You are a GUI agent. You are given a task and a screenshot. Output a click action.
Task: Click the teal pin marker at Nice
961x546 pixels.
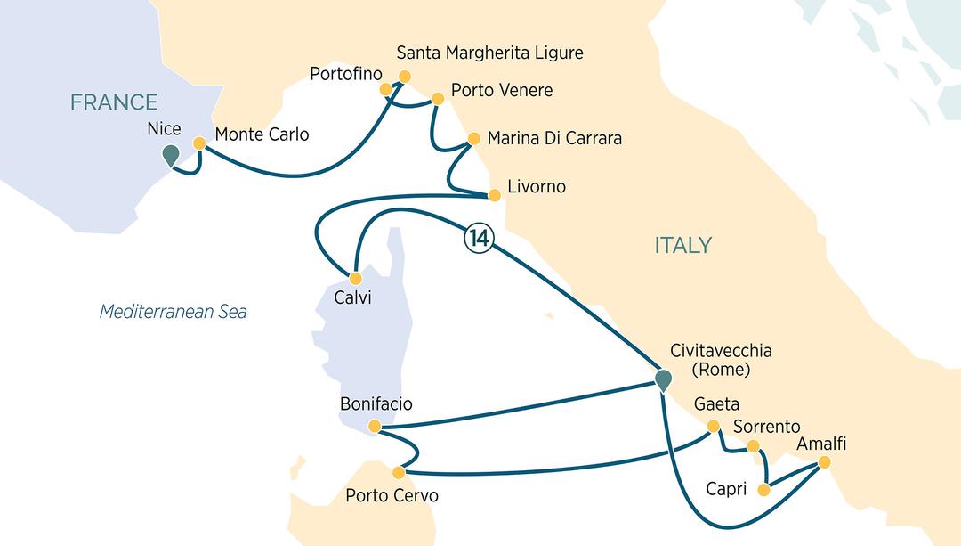click(x=171, y=156)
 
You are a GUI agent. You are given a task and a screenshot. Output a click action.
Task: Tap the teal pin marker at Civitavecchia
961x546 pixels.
click(x=663, y=380)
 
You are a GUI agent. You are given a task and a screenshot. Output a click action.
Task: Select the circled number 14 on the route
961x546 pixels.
click(x=476, y=240)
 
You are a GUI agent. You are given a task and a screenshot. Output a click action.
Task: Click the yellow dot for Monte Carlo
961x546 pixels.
click(x=200, y=142)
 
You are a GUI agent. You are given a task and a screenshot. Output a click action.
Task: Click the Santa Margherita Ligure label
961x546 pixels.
click(x=489, y=53)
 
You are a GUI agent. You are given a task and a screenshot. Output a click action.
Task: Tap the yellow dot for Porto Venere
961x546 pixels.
click(x=437, y=99)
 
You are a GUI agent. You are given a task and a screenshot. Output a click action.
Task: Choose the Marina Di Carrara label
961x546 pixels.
click(x=554, y=139)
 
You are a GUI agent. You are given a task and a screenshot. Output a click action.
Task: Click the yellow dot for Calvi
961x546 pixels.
click(x=354, y=277)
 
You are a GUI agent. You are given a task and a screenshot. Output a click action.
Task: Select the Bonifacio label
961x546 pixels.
click(x=376, y=404)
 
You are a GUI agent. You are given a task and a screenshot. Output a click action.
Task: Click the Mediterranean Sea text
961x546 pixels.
click(x=173, y=312)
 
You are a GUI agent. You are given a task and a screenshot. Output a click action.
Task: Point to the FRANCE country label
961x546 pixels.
click(x=114, y=102)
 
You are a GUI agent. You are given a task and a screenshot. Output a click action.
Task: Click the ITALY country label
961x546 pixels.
click(x=683, y=245)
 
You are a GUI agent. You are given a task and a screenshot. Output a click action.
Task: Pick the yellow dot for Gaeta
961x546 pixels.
click(x=712, y=426)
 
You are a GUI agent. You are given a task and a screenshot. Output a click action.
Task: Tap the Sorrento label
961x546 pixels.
click(x=766, y=427)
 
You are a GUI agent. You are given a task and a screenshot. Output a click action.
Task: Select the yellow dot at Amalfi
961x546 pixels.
click(x=824, y=462)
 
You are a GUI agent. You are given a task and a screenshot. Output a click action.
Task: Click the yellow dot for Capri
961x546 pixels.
click(x=763, y=490)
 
